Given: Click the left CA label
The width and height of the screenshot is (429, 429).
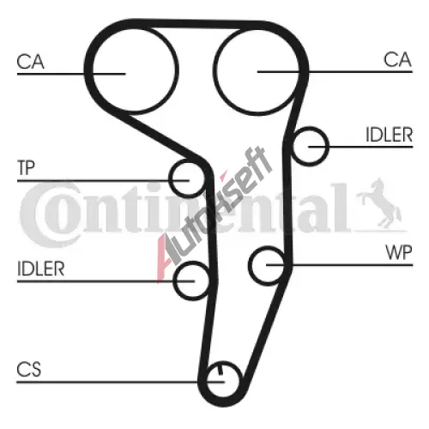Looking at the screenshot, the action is click(30, 62).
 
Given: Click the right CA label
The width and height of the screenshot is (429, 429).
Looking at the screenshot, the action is click(397, 59).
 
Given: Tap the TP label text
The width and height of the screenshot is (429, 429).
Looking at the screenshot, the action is click(26, 168).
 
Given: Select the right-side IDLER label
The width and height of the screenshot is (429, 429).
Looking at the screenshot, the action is click(390, 135).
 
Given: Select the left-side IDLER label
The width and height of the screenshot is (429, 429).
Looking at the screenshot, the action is click(41, 269).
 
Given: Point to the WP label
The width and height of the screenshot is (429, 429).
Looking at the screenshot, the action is click(399, 252).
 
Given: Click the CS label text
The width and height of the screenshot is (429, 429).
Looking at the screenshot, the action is click(29, 369).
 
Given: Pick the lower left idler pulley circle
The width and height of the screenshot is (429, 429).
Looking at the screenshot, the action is click(175, 281).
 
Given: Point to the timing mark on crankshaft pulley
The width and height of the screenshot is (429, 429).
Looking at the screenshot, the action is click(221, 370).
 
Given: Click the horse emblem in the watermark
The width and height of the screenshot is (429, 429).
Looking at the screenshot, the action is click(379, 203).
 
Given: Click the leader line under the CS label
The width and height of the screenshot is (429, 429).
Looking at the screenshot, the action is click(121, 382).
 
